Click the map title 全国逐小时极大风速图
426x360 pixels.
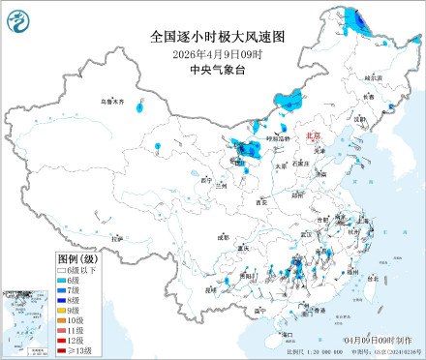tap(219, 37)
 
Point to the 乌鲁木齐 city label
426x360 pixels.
tap(113, 101)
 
